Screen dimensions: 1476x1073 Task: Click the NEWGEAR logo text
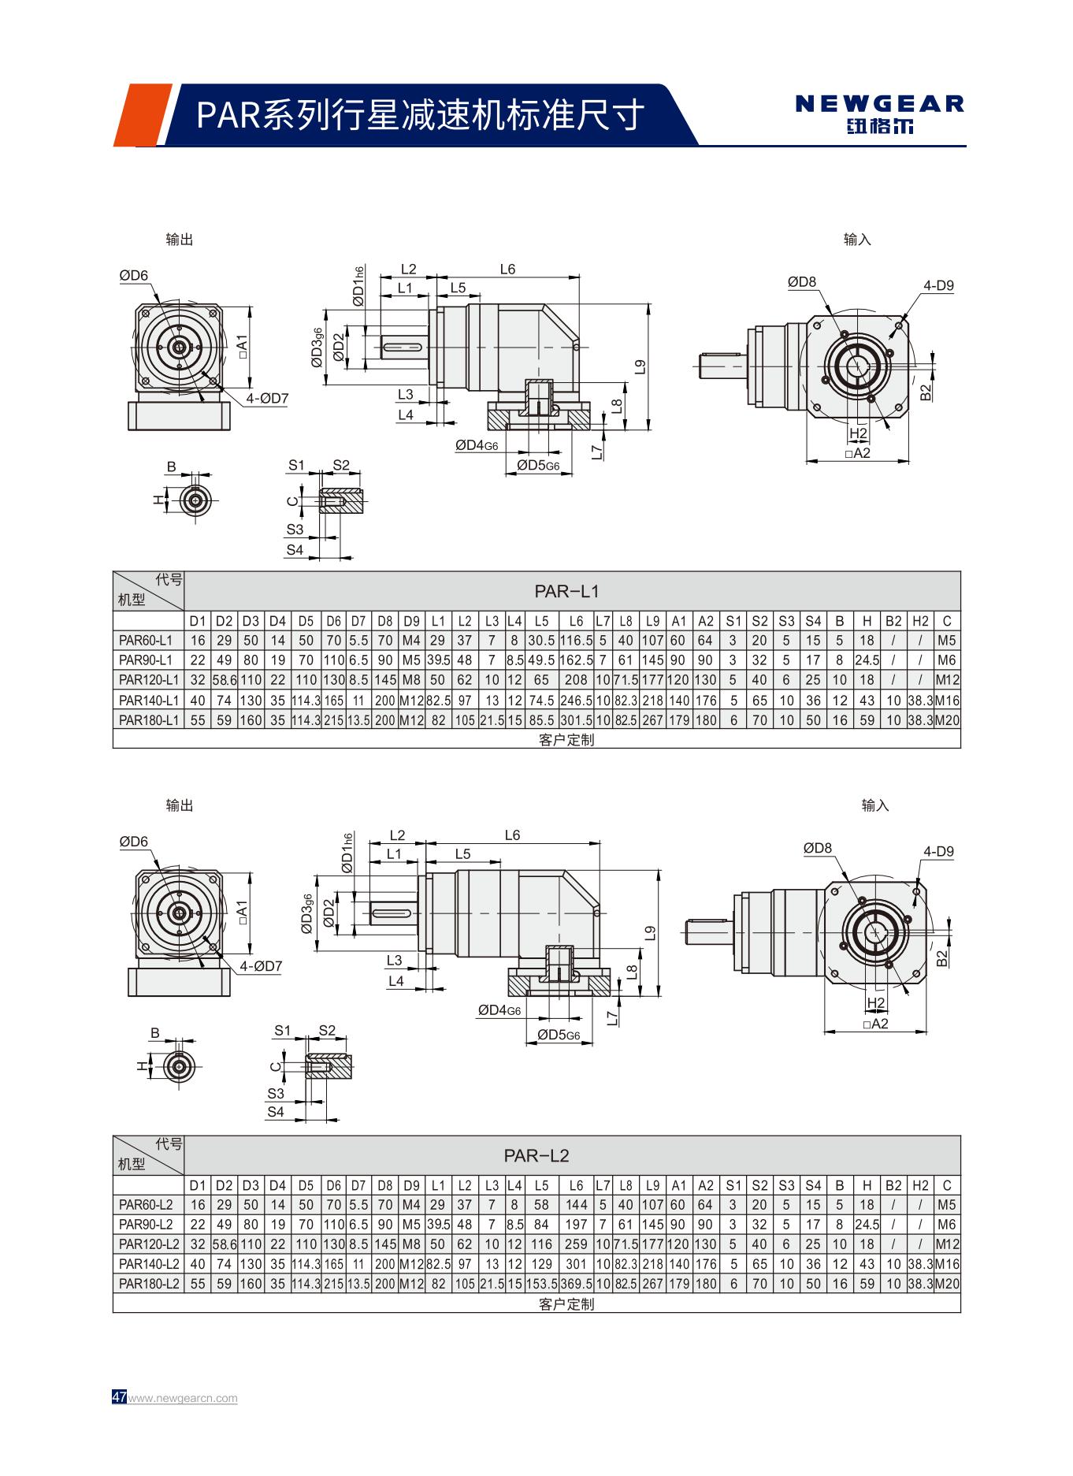[879, 103]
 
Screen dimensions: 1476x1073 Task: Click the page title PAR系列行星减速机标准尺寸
[420, 115]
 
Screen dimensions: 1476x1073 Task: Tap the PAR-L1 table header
[566, 591]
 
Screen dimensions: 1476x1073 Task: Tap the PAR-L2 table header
[536, 1155]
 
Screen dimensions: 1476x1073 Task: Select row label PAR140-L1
[149, 700]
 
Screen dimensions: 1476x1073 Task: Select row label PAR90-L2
[146, 1224]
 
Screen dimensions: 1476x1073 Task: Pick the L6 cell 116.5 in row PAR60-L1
[576, 641]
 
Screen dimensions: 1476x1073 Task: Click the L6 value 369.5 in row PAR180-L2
[576, 1283]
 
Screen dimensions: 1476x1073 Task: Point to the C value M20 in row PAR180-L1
[947, 719]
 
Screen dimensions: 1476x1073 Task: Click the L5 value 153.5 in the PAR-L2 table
[541, 1283]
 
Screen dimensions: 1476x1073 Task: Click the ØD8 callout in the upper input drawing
[802, 282]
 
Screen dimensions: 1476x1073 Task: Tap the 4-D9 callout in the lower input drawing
[938, 851]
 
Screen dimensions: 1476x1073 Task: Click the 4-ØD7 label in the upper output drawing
[266, 399]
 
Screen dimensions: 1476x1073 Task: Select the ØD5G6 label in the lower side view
[559, 1035]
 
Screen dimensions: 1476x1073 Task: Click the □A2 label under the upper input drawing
[857, 453]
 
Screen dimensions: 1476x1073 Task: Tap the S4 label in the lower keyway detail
[275, 1112]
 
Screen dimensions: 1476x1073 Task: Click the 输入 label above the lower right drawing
[874, 805]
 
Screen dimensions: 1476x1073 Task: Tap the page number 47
[119, 1397]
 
